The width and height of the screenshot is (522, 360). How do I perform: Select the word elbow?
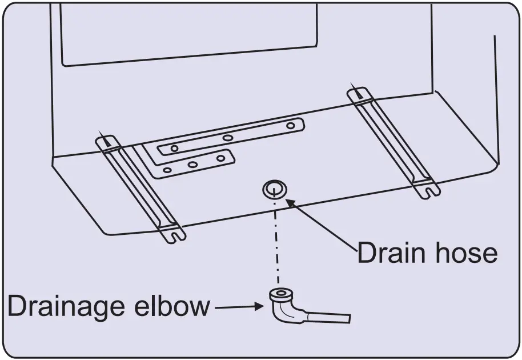click(x=172, y=307)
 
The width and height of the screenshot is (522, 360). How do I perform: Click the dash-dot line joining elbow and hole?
click(x=277, y=240)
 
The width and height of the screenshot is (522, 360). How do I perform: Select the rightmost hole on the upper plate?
click(x=291, y=125)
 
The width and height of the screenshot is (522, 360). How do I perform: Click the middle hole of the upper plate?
click(x=227, y=138)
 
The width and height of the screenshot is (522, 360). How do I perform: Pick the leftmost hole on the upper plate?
click(x=174, y=149)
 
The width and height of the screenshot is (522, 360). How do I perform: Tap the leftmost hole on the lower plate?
click(x=167, y=170)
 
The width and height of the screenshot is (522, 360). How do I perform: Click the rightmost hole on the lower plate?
click(x=220, y=158)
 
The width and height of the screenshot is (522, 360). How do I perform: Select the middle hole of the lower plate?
click(x=193, y=165)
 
